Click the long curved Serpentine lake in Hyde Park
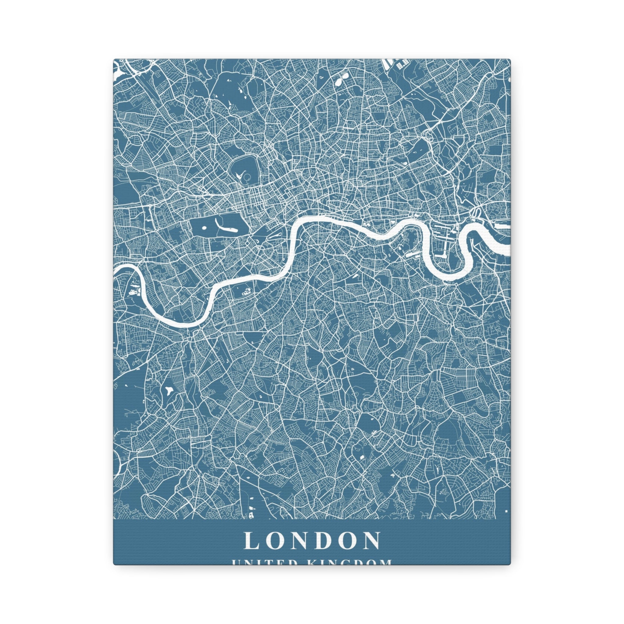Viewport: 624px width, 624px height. click(x=223, y=227)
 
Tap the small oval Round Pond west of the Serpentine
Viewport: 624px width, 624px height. click(x=204, y=228)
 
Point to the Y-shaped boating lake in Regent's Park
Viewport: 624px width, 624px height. click(x=240, y=176)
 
